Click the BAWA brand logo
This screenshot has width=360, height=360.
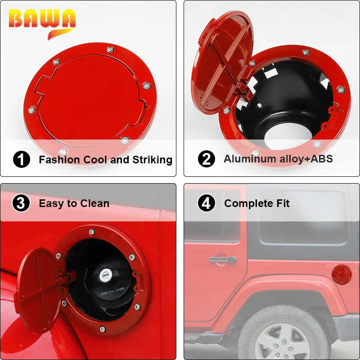click(42, 23)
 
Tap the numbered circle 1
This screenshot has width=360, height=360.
click(22, 159)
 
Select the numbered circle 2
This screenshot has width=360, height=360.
click(207, 159)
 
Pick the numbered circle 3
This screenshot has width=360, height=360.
click(21, 203)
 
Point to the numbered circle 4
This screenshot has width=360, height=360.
click(207, 203)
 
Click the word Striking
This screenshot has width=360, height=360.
click(152, 160)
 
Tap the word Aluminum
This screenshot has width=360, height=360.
click(244, 159)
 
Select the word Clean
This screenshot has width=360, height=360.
click(94, 203)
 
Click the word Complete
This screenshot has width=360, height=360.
click(249, 204)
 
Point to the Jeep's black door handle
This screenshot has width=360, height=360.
click(222, 260)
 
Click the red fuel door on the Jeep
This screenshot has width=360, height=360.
click(342, 274)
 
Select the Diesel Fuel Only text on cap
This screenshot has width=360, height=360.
click(112, 291)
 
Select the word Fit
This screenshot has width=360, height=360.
click(283, 203)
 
